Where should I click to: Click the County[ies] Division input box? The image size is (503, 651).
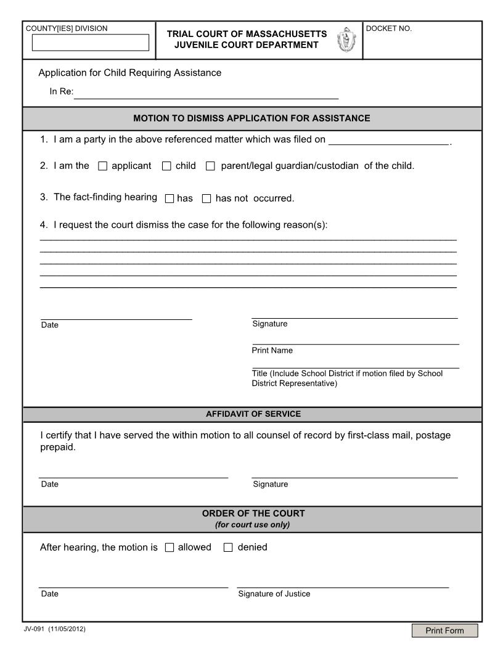pyautogui.click(x=90, y=43)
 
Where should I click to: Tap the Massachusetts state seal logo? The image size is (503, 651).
pyautogui.click(x=345, y=40)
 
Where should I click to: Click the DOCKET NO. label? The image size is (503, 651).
pyautogui.click(x=389, y=28)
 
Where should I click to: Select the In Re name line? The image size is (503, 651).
pyautogui.click(x=206, y=93)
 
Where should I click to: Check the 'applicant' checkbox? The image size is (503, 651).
pyautogui.click(x=103, y=166)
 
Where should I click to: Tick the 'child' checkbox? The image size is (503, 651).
pyautogui.click(x=166, y=166)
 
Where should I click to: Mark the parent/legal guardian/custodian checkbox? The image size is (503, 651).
pyautogui.click(x=210, y=166)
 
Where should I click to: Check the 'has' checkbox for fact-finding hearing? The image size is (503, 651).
pyautogui.click(x=170, y=199)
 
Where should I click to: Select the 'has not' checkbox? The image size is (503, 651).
pyautogui.click(x=207, y=199)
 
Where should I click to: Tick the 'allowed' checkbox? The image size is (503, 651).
pyautogui.click(x=170, y=547)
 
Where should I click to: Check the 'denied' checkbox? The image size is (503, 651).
pyautogui.click(x=228, y=547)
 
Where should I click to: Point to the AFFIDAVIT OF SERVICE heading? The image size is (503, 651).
pyautogui.click(x=253, y=414)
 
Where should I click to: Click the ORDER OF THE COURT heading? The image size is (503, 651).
pyautogui.click(x=253, y=513)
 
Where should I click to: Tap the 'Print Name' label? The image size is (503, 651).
pyautogui.click(x=272, y=350)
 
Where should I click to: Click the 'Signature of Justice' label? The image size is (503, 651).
pyautogui.click(x=274, y=594)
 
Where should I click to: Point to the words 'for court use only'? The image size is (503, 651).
pyautogui.click(x=253, y=525)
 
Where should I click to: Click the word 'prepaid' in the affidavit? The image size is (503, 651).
pyautogui.click(x=57, y=448)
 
